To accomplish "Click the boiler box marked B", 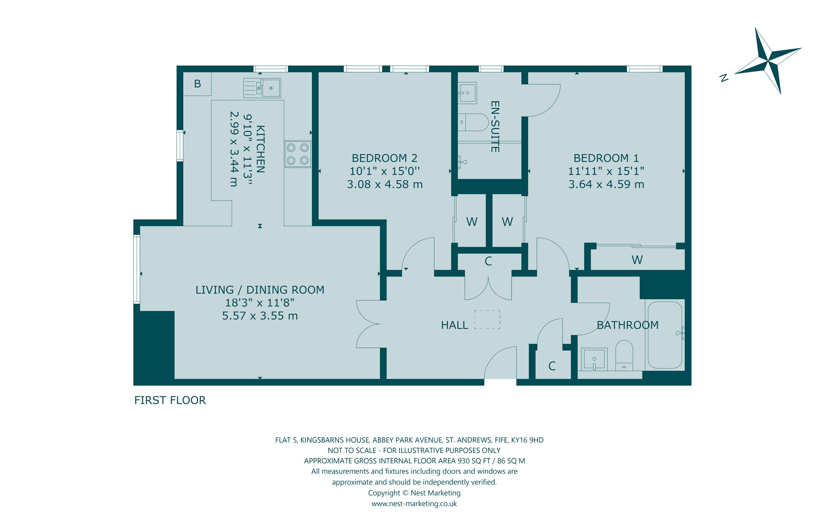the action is coord(197,84).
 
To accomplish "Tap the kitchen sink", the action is coord(262,88).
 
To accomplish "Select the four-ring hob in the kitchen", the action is coord(298,154).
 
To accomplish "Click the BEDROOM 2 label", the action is coord(384,158).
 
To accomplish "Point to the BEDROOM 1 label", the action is coord(606,158).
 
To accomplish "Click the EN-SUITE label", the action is coord(495,127).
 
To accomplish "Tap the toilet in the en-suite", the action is coord(473,122).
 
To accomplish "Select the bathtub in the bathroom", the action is coord(665,335).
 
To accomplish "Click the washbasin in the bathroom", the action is coord(594,359).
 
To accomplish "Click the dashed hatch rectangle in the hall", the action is coord(487,320).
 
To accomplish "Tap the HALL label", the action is coord(455,325).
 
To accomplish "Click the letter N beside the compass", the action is coord(724,78).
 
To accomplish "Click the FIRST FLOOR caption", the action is coord(170,400).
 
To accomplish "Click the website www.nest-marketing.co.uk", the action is coord(414,504).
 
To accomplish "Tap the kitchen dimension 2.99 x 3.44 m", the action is coord(234,149).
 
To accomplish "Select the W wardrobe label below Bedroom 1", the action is coord(637,260).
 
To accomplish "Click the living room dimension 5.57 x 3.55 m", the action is coord(260,316).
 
